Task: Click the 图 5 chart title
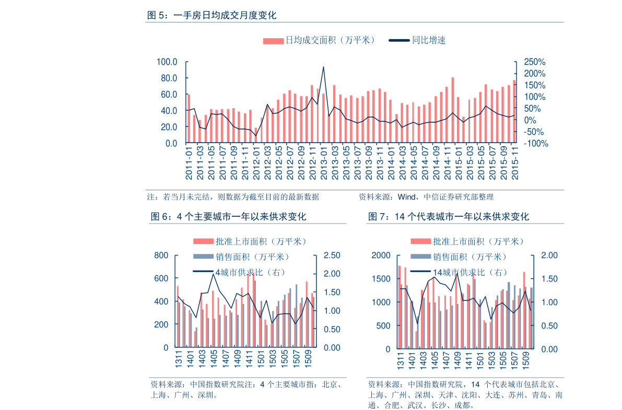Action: click(x=212, y=16)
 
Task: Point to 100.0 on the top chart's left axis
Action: click(x=167, y=62)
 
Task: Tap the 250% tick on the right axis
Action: click(x=531, y=62)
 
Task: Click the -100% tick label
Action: click(x=533, y=143)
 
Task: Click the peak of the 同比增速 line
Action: click(x=324, y=67)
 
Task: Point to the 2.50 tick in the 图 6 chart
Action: click(x=332, y=255)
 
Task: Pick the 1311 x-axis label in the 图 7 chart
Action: click(x=401, y=360)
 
